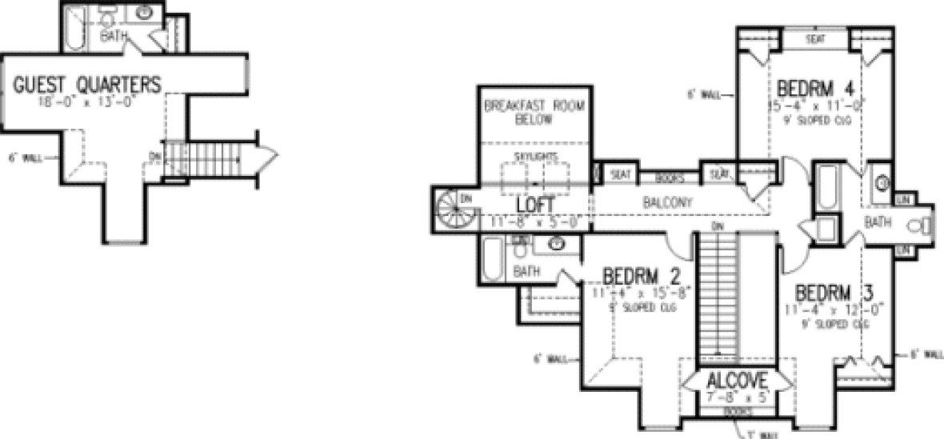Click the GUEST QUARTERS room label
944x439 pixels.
(88, 84)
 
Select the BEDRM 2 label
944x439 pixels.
(642, 277)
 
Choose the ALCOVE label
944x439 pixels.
(737, 380)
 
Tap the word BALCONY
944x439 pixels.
(666, 203)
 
